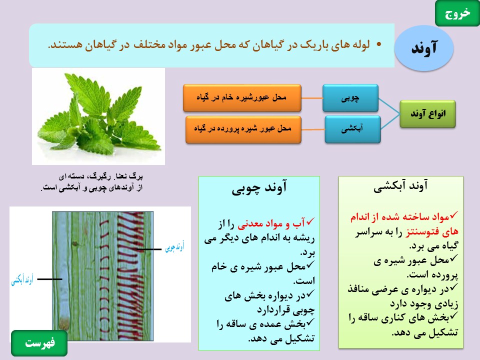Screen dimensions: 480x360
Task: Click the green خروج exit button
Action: point(457,13)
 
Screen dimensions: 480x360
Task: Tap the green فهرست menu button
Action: point(39,343)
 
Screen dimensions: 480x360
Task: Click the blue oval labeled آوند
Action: point(424,48)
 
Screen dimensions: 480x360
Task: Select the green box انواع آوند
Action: point(427,114)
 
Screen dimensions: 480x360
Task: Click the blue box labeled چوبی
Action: point(350,98)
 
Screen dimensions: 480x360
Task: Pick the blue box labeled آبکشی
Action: point(352,129)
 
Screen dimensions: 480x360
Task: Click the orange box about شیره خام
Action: point(242,98)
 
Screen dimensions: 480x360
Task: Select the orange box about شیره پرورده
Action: point(243,129)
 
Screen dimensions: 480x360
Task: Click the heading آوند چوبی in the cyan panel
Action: point(259,187)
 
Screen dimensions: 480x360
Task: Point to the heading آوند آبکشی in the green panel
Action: point(400,186)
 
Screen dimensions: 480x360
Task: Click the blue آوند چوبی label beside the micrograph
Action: point(174,246)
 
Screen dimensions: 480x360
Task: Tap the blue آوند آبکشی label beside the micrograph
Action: point(22,280)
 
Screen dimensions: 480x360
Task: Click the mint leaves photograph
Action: point(98,116)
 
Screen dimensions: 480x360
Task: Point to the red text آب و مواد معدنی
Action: point(271,224)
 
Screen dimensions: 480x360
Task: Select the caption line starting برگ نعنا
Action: point(100,176)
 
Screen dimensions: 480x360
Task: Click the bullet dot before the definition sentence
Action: point(379,44)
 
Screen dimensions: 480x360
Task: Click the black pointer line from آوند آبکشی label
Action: point(49,279)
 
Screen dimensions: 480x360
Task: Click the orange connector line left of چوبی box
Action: point(312,98)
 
